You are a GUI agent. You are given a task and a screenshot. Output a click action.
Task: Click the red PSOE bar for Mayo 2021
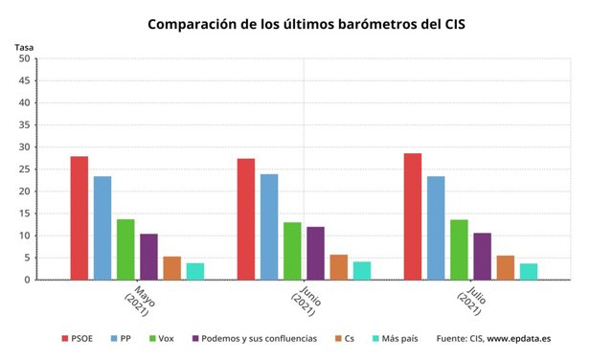(x=79, y=218)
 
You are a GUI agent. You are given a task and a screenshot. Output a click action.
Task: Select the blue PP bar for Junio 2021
(x=269, y=227)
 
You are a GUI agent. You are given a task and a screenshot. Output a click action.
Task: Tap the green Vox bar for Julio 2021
(x=459, y=250)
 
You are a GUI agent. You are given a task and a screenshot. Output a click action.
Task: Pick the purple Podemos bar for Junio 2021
(x=315, y=254)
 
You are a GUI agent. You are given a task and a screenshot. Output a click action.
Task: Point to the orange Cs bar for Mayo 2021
(x=172, y=268)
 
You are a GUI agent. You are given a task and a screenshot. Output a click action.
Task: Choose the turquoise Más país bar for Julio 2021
(x=529, y=272)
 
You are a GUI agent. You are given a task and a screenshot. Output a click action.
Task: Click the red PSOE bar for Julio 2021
(x=413, y=216)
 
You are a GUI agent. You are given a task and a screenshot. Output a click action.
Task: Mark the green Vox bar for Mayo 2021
(x=125, y=250)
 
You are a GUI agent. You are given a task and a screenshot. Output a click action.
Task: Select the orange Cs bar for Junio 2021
(x=339, y=267)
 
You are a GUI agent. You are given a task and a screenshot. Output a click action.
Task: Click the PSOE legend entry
(x=77, y=339)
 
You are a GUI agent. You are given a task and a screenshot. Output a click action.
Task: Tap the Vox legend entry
(x=162, y=339)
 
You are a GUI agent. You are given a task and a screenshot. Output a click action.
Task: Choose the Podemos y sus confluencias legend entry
(x=255, y=339)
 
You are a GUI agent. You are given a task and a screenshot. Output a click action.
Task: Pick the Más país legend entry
(x=396, y=339)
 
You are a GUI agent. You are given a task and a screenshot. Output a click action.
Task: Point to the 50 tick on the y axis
(x=24, y=58)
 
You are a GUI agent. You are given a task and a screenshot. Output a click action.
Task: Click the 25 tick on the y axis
(x=24, y=169)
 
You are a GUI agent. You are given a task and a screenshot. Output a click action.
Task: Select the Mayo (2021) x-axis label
(x=140, y=301)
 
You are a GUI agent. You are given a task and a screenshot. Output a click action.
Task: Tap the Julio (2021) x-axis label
(x=472, y=301)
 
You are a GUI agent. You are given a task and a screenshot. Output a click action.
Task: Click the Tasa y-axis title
(x=24, y=47)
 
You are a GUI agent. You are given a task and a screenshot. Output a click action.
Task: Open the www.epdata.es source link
(x=519, y=339)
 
